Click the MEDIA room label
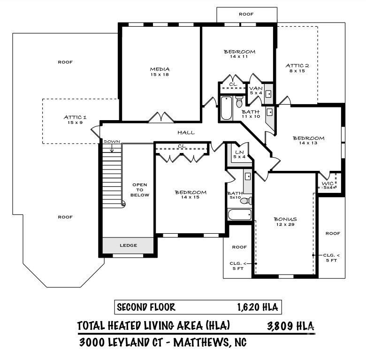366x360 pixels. (x=160, y=69)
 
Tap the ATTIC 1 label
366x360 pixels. (x=75, y=117)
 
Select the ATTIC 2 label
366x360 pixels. (x=297, y=66)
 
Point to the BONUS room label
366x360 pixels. (x=285, y=219)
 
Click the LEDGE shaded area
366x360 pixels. (x=128, y=245)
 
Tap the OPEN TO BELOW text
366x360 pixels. (x=139, y=190)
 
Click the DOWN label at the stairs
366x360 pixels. (x=112, y=142)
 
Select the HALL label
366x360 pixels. (x=186, y=133)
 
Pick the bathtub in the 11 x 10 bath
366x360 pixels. (x=227, y=108)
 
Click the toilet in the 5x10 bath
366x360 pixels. (x=246, y=201)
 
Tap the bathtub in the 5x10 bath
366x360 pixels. (x=240, y=214)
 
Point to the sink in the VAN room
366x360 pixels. (x=269, y=94)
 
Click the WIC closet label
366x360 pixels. (x=328, y=184)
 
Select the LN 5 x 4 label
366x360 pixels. (x=239, y=154)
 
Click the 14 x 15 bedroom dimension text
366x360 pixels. (x=190, y=197)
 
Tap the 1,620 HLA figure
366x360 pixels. (x=258, y=307)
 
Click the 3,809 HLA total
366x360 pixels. (x=290, y=326)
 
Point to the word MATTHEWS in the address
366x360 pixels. (x=200, y=343)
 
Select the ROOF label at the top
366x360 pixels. (x=246, y=14)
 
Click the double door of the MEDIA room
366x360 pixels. (x=161, y=117)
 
